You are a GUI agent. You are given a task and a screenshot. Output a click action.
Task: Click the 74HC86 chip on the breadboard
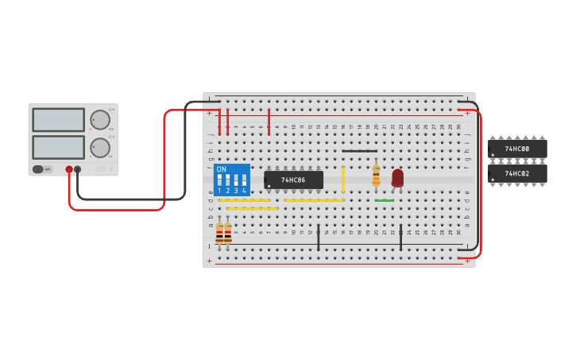click(293, 180)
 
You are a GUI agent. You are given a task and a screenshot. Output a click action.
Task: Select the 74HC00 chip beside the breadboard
click(517, 149)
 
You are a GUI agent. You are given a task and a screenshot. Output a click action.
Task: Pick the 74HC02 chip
click(517, 173)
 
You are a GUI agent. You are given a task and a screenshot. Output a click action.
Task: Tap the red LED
click(397, 178)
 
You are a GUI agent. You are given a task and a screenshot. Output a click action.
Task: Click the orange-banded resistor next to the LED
click(376, 176)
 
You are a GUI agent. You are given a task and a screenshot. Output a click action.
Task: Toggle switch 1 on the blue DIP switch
click(219, 180)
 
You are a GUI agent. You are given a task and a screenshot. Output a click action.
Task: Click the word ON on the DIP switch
click(222, 169)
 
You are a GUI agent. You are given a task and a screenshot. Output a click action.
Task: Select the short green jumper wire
click(385, 200)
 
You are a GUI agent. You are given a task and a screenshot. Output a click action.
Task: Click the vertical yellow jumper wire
click(343, 179)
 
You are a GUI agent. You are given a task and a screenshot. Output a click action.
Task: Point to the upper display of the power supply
click(58, 120)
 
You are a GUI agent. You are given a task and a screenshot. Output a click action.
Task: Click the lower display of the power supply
click(58, 147)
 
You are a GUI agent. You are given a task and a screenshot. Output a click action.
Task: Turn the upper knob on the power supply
click(100, 120)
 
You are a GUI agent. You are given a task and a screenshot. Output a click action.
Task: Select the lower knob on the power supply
click(100, 148)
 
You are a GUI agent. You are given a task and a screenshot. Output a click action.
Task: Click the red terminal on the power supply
click(69, 169)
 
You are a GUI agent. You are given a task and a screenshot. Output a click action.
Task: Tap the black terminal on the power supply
click(78, 169)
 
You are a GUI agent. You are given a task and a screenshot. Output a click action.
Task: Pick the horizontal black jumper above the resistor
click(360, 151)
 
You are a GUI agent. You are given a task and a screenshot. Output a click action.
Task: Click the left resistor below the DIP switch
click(219, 233)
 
